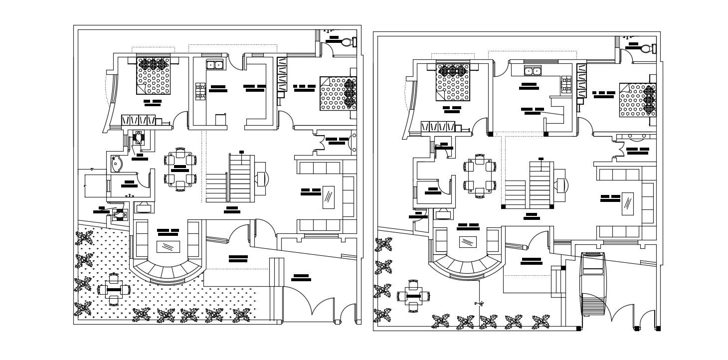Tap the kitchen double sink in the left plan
tap(215, 64)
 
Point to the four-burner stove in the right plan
tap(566, 85)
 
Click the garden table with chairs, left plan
tap(114, 289)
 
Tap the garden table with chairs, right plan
tap(413, 296)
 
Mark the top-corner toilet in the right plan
tap(646, 49)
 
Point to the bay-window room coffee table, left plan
tap(169, 246)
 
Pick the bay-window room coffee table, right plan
tap(468, 242)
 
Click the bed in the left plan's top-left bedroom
tap(154, 75)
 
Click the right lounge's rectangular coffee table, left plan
tap(329, 197)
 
